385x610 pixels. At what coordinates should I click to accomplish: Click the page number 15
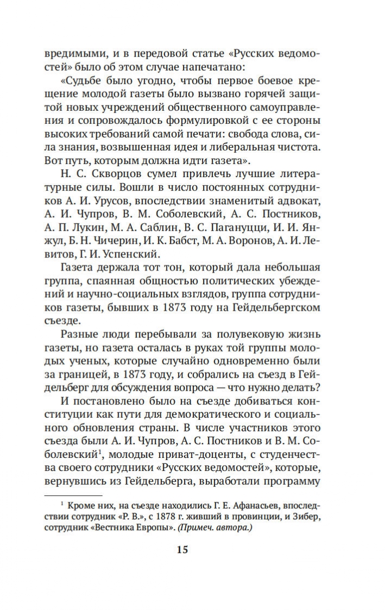pyautogui.click(x=182, y=549)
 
